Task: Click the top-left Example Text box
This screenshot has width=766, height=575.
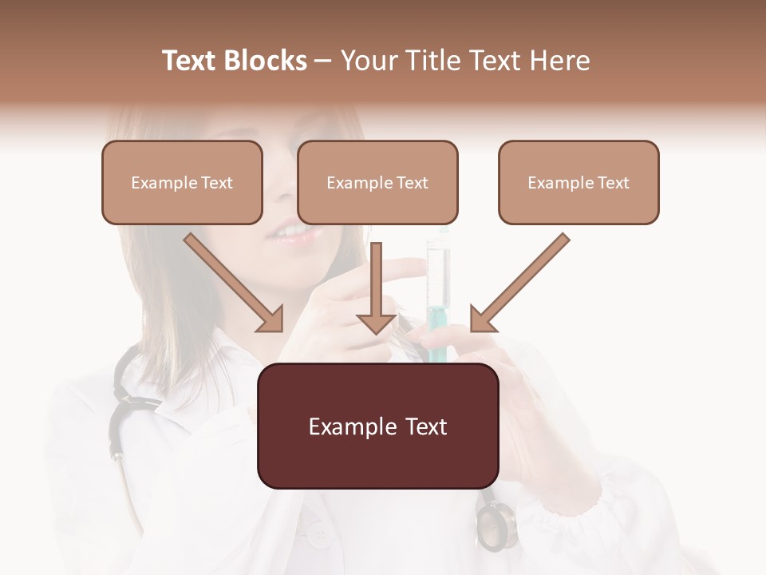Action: (x=182, y=182)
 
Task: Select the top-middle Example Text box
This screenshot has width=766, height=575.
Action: (x=377, y=182)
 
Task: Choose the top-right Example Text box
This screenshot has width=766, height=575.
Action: (x=578, y=182)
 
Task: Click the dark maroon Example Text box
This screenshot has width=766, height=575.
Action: (x=377, y=426)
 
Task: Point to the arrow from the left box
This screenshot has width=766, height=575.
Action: (x=235, y=284)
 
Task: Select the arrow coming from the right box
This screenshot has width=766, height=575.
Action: (x=519, y=284)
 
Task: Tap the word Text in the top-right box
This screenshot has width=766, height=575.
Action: (x=613, y=183)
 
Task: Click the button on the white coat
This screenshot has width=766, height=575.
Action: (x=319, y=533)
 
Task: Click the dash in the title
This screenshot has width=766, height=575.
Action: (x=323, y=61)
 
